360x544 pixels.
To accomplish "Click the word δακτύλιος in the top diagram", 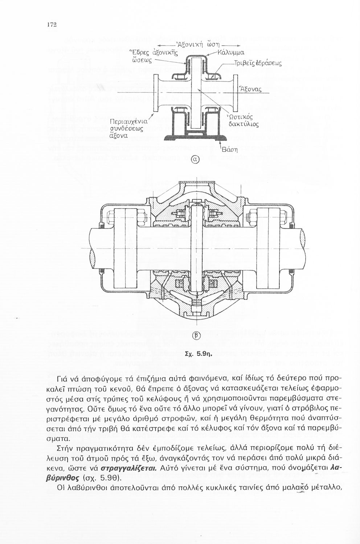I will tap(244, 124).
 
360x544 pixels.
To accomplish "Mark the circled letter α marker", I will tap(196, 159).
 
